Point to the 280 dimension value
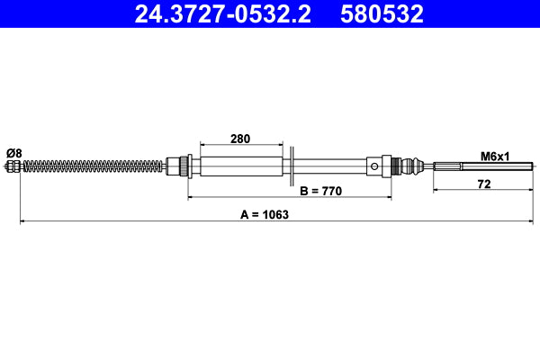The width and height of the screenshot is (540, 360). [x=239, y=139]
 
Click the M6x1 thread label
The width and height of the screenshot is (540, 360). [x=494, y=156]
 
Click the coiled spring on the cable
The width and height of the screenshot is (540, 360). [x=90, y=166]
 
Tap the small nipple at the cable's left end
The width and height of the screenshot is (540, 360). [x=12, y=166]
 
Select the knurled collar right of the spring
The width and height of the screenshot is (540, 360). [x=184, y=166]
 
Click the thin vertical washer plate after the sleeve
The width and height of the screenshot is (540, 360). [x=292, y=166]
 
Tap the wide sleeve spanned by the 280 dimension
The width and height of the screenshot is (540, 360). [x=239, y=166]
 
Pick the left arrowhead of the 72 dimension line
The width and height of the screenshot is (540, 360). [x=436, y=190]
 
